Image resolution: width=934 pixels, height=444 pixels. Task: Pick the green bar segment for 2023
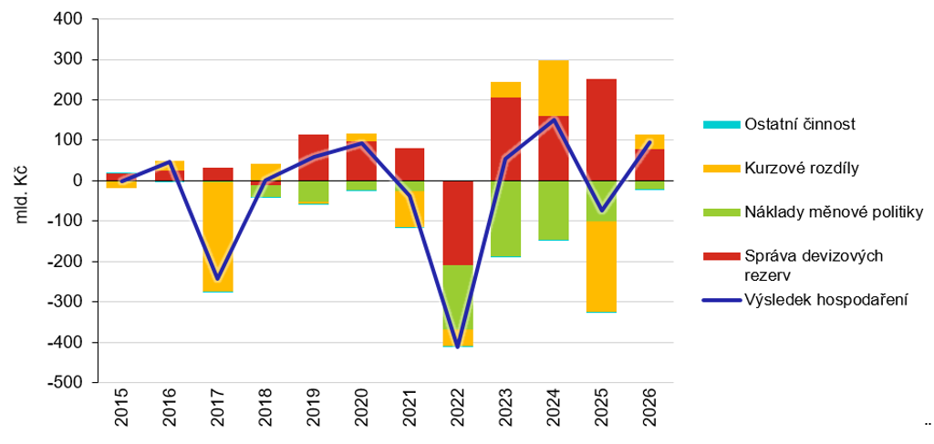point(505,219)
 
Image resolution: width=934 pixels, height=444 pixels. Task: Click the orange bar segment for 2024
point(554,88)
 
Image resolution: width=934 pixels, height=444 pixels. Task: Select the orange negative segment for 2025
point(601,265)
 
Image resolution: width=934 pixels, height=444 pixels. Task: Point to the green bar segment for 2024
point(554,210)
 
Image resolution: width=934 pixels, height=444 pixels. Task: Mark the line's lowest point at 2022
point(458,346)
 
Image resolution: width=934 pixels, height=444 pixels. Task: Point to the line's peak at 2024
point(554,120)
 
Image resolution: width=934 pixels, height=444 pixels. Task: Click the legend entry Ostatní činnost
point(788,124)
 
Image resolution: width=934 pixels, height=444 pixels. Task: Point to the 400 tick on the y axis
point(69,19)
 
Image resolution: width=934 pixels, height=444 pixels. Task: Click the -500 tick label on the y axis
point(67,383)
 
